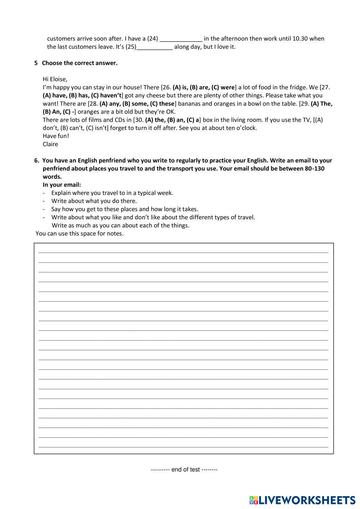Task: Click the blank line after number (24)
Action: (181, 39)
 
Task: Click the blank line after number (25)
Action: (155, 47)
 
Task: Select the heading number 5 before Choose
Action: (36, 63)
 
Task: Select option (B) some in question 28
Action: (135, 104)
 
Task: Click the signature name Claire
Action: (50, 144)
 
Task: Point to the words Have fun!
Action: (56, 136)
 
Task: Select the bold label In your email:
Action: (62, 185)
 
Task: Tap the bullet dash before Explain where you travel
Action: (44, 193)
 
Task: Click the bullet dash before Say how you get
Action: (44, 209)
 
